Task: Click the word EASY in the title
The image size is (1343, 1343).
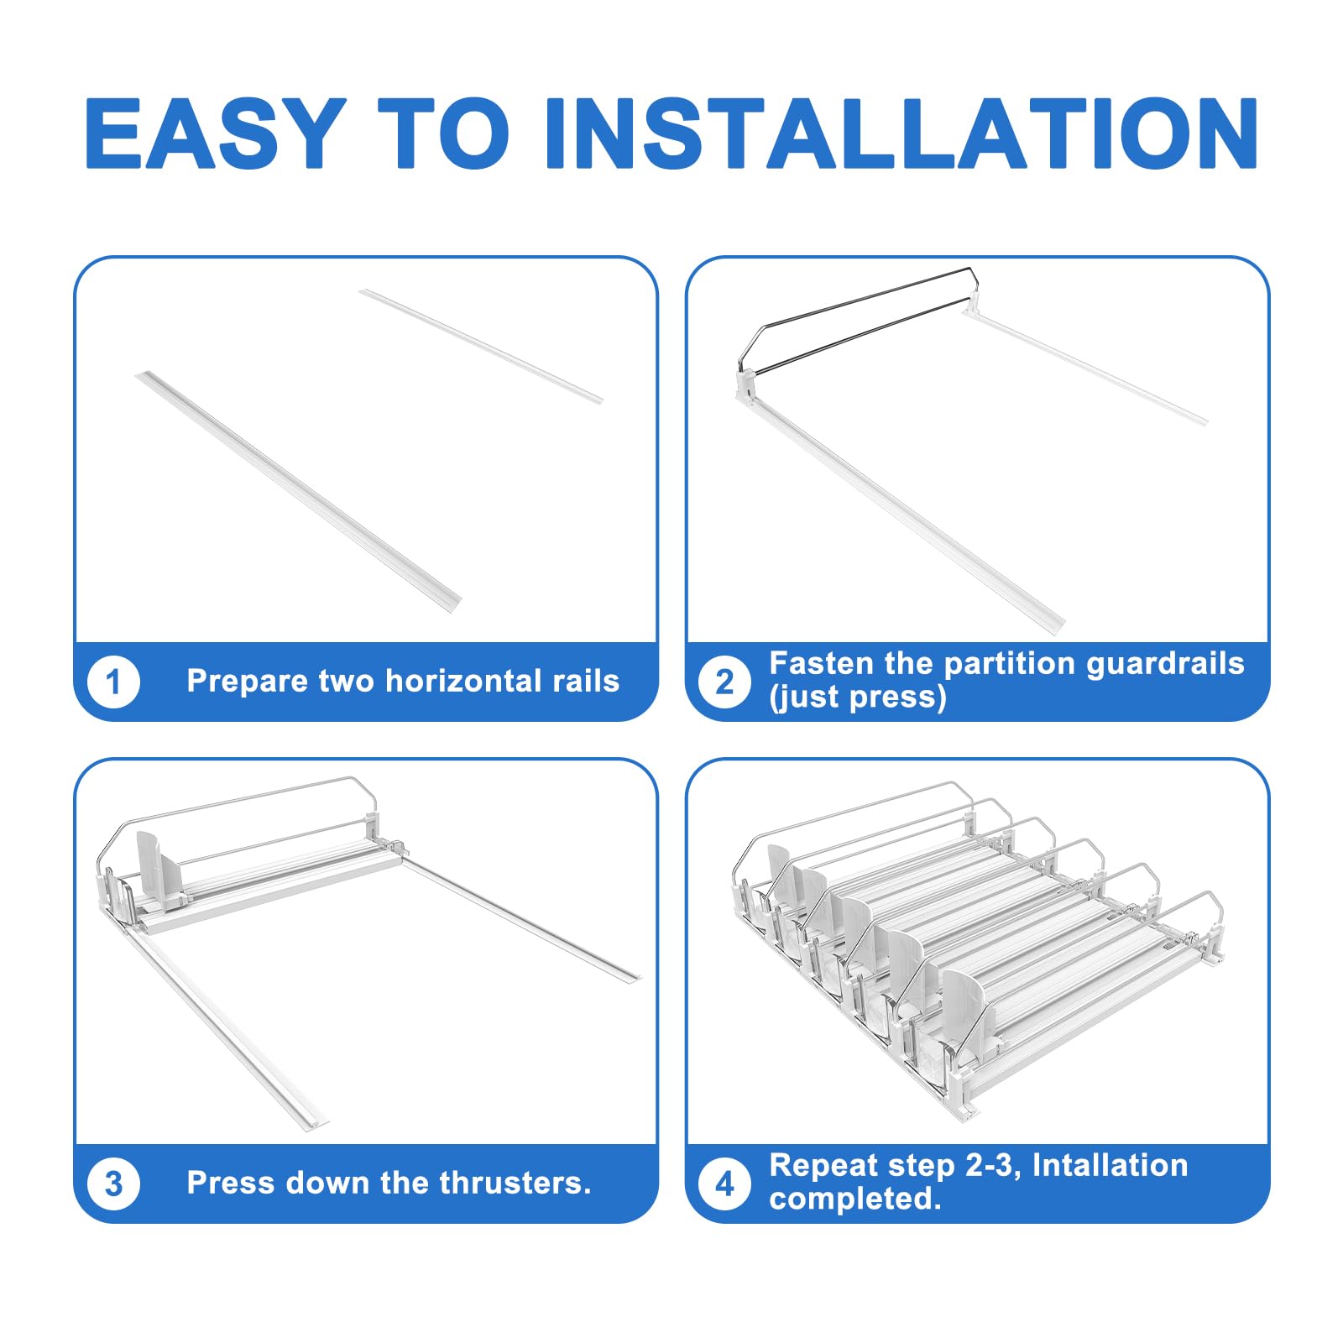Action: coord(216,133)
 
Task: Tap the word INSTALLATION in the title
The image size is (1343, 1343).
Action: coord(901,133)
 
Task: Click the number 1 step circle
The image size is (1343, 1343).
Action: coord(113,682)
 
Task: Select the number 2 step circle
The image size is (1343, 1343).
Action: coord(724,682)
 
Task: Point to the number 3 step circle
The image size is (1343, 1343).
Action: coord(113,1184)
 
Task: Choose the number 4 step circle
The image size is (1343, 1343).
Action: coord(724,1184)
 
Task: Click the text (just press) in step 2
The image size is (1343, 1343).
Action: coord(858,698)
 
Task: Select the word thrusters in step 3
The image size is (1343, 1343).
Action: coord(515,1183)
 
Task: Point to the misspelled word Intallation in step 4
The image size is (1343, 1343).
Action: coord(1110,1165)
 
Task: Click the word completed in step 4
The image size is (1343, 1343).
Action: coord(855,1199)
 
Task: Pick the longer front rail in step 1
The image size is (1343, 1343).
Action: coord(299,491)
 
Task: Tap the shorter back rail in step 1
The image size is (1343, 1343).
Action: coord(481,347)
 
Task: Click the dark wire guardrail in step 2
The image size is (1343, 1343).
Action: coord(856,320)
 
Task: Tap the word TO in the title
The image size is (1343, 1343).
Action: coord(443,133)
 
